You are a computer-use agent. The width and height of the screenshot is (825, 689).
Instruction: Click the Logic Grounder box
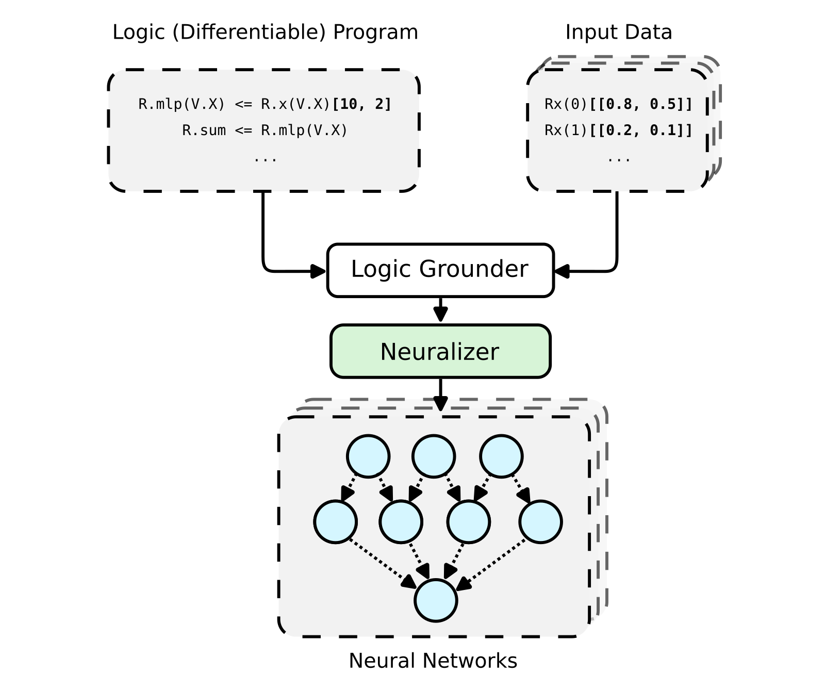(440, 270)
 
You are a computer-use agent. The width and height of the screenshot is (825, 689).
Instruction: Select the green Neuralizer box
(440, 351)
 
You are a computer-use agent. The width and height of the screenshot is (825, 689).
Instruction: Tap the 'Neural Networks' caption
(433, 661)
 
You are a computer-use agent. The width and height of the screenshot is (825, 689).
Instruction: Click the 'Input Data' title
(618, 32)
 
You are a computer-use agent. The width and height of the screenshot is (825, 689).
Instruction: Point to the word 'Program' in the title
(375, 32)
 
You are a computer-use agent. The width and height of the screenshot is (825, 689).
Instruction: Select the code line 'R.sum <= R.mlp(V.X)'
(265, 130)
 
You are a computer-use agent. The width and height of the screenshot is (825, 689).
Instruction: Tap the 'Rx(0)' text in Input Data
(566, 104)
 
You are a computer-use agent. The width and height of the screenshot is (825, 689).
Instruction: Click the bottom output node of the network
(436, 600)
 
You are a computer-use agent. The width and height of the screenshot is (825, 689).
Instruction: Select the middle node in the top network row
(434, 456)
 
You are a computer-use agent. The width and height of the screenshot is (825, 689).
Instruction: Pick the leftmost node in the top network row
(368, 456)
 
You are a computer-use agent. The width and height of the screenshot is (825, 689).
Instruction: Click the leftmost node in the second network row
(336, 522)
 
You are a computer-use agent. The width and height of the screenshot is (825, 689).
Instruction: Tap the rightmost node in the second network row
(540, 522)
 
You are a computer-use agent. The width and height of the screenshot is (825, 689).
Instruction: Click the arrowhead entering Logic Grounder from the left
(319, 271)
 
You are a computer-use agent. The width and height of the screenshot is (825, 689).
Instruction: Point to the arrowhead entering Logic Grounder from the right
(562, 271)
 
